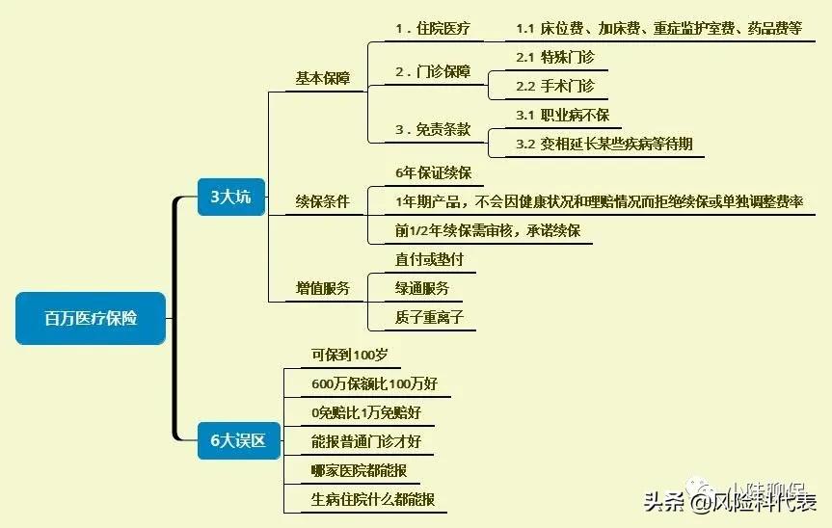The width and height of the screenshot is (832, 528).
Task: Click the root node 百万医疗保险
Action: point(91,318)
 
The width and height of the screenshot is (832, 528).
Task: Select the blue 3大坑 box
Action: point(230,197)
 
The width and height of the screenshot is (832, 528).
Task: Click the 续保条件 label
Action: point(323,202)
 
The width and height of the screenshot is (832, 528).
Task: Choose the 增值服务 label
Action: point(323,288)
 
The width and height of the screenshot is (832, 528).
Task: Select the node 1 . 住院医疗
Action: point(433,28)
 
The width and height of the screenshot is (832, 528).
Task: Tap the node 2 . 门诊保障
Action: point(434,72)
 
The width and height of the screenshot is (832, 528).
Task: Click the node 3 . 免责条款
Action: point(434,129)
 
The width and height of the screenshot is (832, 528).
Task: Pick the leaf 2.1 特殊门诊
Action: point(555,57)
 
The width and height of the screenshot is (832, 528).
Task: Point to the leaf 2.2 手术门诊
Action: point(555,86)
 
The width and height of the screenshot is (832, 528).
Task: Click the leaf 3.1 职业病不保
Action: point(562,115)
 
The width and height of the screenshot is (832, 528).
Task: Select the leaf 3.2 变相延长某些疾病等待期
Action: point(604,144)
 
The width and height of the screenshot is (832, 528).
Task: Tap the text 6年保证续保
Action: point(433,173)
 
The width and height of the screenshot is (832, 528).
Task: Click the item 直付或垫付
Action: point(430,259)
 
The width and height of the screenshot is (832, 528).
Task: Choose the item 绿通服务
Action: point(422,288)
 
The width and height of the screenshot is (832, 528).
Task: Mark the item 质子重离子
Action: point(429,317)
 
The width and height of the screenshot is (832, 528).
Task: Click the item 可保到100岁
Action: point(349,355)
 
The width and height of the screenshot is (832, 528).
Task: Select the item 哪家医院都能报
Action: point(359,470)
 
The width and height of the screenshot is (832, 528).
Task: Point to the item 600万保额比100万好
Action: point(374,383)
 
